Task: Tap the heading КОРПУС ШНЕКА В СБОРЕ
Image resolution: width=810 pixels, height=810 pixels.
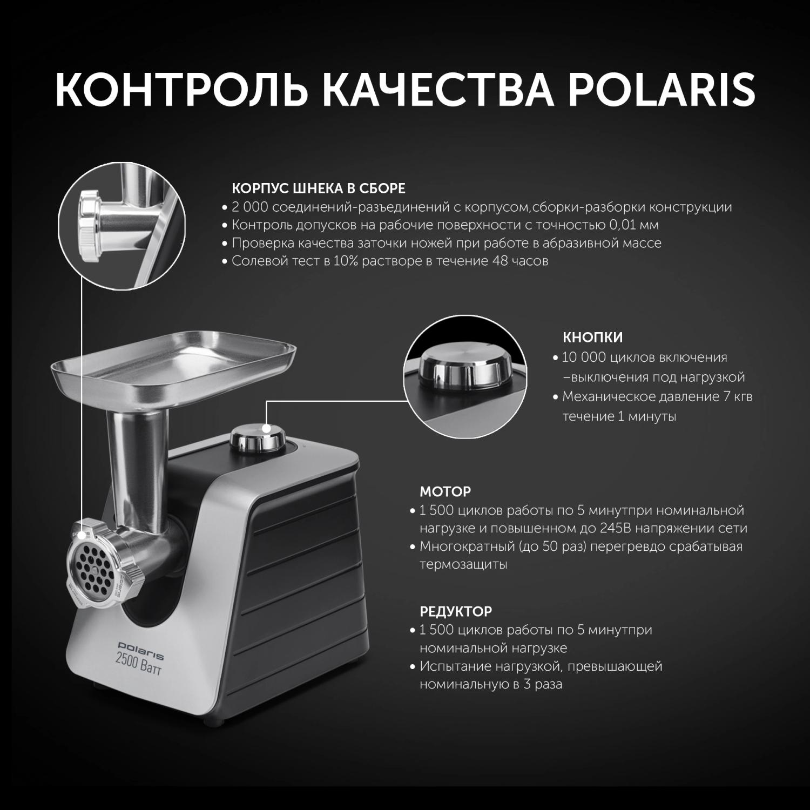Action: click(x=318, y=188)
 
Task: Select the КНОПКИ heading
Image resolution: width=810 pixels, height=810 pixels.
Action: click(x=592, y=337)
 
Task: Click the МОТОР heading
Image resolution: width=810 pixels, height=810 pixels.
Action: click(x=446, y=491)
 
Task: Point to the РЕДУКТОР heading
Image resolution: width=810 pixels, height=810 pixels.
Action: click(x=456, y=611)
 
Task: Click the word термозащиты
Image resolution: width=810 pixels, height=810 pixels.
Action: click(x=463, y=565)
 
